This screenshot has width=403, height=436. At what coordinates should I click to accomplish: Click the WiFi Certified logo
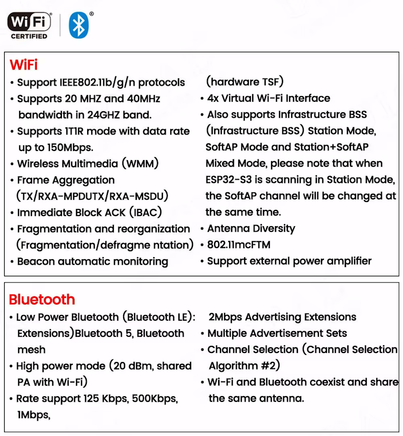tap(29, 25)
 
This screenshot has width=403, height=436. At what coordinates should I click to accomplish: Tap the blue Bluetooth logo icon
tap(78, 25)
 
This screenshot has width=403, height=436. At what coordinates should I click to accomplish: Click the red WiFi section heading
tap(24, 65)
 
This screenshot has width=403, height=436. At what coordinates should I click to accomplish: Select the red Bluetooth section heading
tap(42, 300)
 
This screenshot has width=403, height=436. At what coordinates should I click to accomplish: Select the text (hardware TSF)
tap(245, 82)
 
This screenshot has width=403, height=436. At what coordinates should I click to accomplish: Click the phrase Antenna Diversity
tap(251, 229)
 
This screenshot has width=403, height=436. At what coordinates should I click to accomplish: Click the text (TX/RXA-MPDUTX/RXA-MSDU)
tap(92, 196)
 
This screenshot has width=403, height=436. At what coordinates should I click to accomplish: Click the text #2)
tap(270, 366)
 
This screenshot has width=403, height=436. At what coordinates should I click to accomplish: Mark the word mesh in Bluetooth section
tap(31, 349)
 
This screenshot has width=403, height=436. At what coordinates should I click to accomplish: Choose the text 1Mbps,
tap(34, 415)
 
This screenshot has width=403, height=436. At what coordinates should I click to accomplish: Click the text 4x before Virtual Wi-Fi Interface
tap(213, 99)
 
